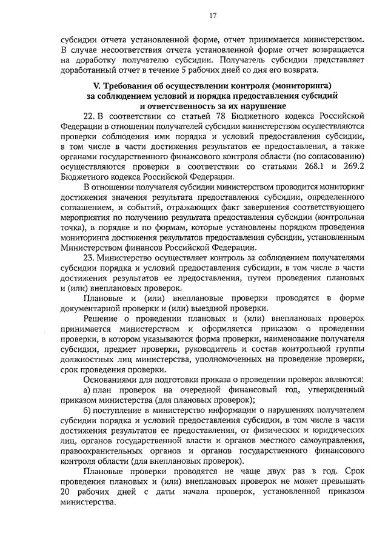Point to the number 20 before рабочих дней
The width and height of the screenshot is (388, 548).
[66, 492]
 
